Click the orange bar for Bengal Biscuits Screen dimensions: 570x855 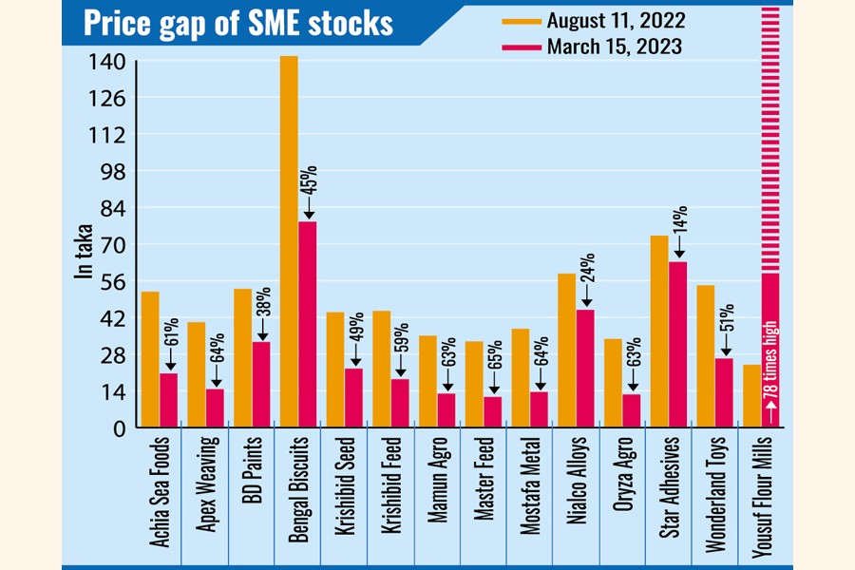289,242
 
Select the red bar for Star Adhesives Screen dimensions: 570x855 677,344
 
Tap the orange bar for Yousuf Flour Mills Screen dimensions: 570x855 751,396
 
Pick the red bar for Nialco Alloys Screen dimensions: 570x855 585,369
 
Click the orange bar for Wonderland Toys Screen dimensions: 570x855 705,356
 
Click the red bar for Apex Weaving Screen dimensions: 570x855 215,408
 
